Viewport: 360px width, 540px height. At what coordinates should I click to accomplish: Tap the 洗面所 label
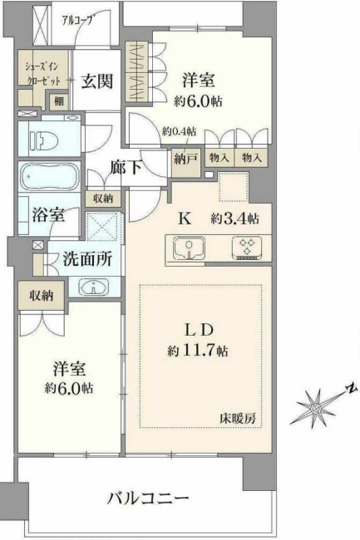(x=87, y=258)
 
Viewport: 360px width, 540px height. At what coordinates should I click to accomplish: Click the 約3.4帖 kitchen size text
(x=235, y=219)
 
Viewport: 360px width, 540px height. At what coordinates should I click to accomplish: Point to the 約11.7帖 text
(x=198, y=350)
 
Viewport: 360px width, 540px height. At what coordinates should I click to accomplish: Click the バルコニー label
(x=149, y=498)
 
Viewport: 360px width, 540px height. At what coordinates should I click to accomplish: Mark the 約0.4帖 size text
(x=179, y=131)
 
